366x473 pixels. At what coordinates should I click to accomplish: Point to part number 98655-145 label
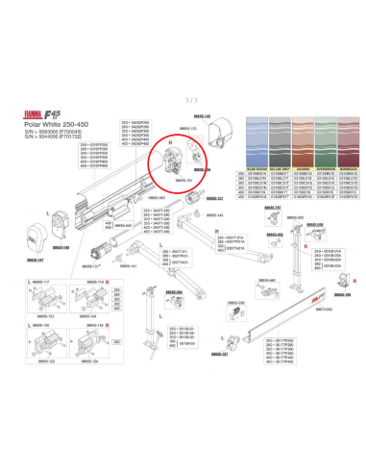point(202,115)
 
